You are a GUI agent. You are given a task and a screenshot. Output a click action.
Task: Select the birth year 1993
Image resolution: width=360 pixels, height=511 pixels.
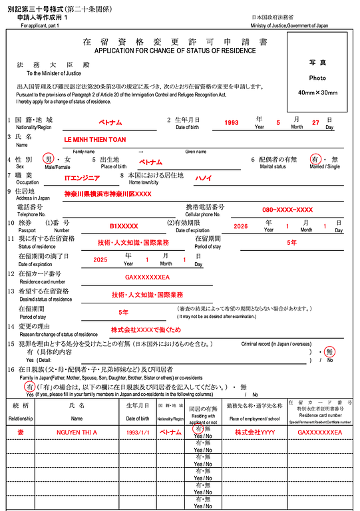[232, 122]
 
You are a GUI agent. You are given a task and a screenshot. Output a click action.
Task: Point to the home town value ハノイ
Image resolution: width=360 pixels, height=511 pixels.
[203, 178]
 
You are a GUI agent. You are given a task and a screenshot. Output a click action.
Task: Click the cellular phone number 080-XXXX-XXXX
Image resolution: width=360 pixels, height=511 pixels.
[287, 209]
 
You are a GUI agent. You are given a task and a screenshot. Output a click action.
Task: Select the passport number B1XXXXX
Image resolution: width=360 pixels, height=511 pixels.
[124, 226]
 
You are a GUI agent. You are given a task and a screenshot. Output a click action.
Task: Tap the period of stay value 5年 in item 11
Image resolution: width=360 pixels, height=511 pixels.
[291, 243]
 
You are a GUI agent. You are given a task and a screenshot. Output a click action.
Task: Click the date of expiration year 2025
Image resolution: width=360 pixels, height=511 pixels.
[100, 260]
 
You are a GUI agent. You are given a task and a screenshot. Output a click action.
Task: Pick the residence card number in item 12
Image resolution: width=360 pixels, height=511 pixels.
[147, 277]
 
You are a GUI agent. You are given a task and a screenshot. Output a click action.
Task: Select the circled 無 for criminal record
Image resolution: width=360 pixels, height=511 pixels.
[329, 351]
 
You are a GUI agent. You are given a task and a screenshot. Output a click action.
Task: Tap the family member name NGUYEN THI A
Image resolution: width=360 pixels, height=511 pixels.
[77, 432]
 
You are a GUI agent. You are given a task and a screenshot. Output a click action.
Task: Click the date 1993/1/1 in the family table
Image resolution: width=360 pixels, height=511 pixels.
[137, 432]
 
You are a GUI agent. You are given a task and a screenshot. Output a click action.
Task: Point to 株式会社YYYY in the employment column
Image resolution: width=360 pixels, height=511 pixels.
[252, 432]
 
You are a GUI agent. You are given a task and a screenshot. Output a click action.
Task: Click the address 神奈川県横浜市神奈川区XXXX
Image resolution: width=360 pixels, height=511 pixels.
[107, 194]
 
